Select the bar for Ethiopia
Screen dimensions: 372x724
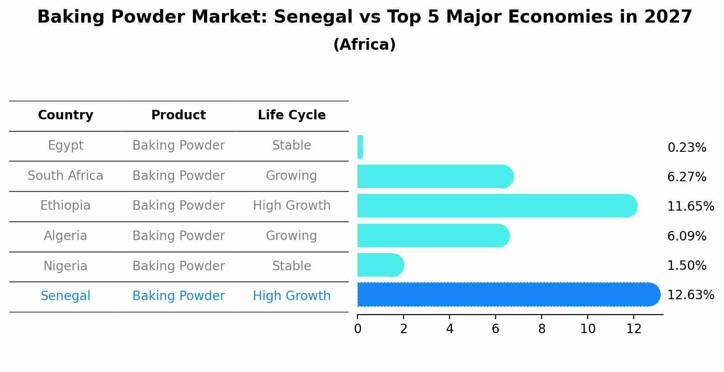pyautogui.click(x=497, y=206)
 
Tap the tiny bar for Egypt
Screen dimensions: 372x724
pyautogui.click(x=360, y=147)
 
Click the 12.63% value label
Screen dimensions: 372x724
pyautogui.click(x=690, y=295)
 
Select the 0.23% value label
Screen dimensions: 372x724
pyautogui.click(x=687, y=148)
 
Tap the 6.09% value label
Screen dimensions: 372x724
pyautogui.click(x=687, y=236)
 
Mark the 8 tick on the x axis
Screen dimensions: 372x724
pyautogui.click(x=542, y=329)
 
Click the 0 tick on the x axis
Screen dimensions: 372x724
pyautogui.click(x=357, y=329)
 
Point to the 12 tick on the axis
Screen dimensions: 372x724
pyautogui.click(x=634, y=329)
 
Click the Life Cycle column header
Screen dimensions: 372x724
pyautogui.click(x=292, y=115)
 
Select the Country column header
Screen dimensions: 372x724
pyautogui.click(x=65, y=115)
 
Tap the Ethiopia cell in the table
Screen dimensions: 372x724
pyautogui.click(x=65, y=206)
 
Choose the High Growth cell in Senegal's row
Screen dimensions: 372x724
pyautogui.click(x=292, y=296)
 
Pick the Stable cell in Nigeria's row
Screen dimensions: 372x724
pyautogui.click(x=292, y=266)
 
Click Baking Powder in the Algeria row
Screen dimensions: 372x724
pyautogui.click(x=178, y=236)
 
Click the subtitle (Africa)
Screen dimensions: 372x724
pyautogui.click(x=364, y=45)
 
